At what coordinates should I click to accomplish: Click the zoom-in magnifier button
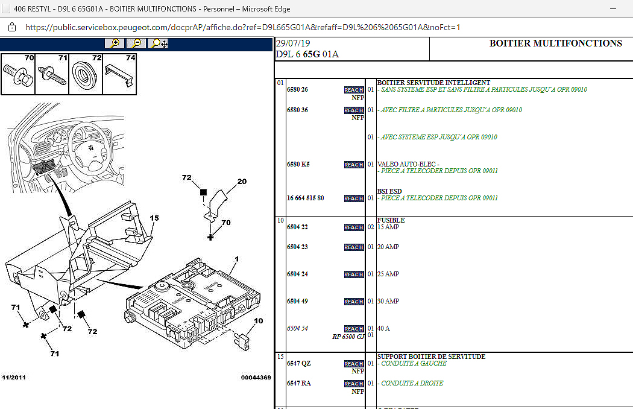tap(115, 43)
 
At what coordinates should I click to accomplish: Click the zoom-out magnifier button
tap(137, 43)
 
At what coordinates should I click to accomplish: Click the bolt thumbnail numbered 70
tap(18, 75)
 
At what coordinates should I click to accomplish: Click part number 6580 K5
tap(298, 164)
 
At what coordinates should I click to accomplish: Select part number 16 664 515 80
tap(305, 198)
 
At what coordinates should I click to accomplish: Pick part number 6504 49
tap(297, 301)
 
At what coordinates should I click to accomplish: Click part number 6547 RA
tap(298, 383)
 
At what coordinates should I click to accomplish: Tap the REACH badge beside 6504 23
tap(354, 247)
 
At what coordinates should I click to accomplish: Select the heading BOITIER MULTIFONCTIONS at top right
tap(555, 43)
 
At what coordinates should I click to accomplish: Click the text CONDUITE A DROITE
tap(412, 383)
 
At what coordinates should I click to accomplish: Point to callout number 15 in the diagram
tap(154, 218)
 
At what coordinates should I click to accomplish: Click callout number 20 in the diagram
tap(242, 181)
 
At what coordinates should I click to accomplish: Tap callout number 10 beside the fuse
tap(258, 321)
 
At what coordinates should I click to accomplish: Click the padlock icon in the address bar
tap(11, 27)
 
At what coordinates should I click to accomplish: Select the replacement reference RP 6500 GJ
tap(348, 337)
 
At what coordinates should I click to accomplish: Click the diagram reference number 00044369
tap(256, 378)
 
